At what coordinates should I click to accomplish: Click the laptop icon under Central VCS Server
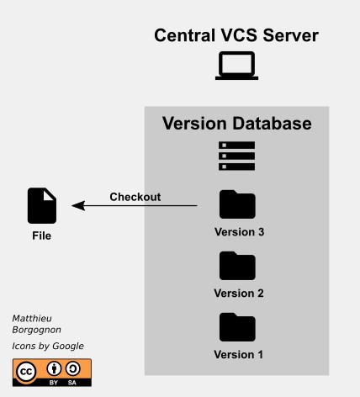(x=236, y=66)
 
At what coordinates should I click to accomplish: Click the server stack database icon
(x=236, y=156)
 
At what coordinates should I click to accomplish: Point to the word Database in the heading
(x=271, y=124)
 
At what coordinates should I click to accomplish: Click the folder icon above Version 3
(x=237, y=205)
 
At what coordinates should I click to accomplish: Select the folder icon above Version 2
(x=237, y=266)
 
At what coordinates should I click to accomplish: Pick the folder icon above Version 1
(x=237, y=326)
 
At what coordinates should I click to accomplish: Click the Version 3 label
(x=239, y=232)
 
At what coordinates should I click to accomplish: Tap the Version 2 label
(x=239, y=294)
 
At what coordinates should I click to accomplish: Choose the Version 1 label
(x=239, y=354)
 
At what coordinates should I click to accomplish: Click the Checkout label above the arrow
(x=135, y=198)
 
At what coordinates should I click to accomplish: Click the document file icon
(x=42, y=206)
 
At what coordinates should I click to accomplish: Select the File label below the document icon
(x=41, y=236)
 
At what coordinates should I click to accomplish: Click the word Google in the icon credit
(x=68, y=346)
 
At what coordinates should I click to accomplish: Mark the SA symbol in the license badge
(x=73, y=368)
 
